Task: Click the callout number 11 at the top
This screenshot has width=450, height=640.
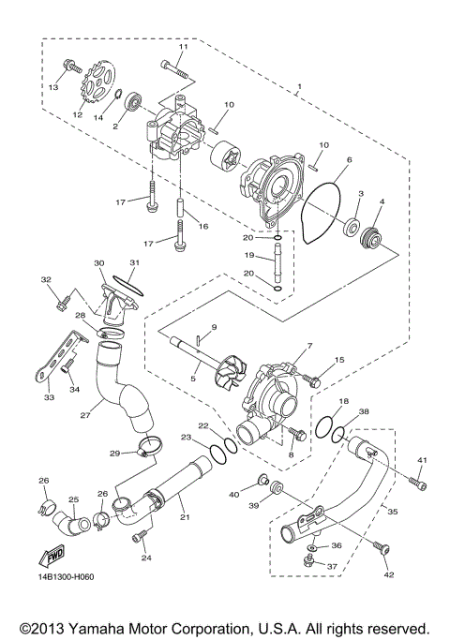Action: tap(183, 47)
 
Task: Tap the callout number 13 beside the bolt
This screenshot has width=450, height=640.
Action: tap(52, 86)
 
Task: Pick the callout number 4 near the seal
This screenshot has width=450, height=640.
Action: tap(382, 201)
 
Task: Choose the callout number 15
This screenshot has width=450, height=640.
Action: tap(340, 360)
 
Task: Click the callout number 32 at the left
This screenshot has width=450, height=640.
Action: tap(45, 280)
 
